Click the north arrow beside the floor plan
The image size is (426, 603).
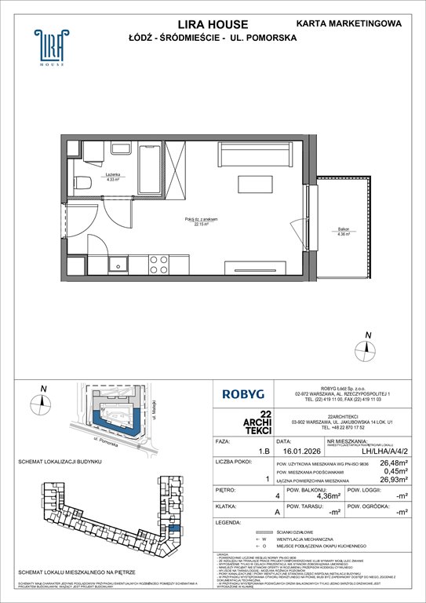[x=366, y=344]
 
